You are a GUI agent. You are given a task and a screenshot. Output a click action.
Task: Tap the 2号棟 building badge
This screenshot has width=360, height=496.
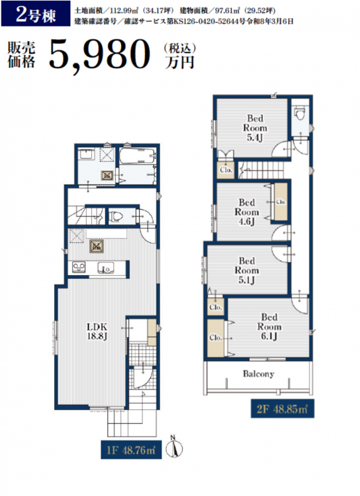(x=36, y=14)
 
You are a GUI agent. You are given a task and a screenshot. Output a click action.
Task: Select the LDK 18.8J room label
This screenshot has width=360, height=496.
(x=97, y=331)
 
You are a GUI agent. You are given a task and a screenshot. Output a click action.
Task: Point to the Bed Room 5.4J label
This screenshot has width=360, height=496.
(x=255, y=128)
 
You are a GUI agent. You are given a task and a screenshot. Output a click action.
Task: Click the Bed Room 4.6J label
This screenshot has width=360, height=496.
(x=247, y=212)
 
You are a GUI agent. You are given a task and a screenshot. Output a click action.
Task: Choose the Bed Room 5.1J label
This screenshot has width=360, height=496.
(x=247, y=270)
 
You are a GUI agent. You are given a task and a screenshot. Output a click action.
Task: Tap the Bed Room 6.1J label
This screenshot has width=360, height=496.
(x=269, y=327)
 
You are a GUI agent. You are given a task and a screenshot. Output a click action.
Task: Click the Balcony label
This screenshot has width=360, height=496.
(x=258, y=374)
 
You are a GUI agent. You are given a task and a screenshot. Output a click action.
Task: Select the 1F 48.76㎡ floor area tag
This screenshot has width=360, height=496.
(x=131, y=450)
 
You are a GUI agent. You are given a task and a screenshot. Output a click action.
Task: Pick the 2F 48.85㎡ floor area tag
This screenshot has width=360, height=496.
(x=283, y=409)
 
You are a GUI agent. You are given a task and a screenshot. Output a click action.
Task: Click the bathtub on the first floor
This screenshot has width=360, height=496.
(x=138, y=156)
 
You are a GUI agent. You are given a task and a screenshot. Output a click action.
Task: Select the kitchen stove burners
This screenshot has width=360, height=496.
(x=79, y=267)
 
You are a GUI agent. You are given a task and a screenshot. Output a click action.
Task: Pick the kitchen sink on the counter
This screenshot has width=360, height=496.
(x=106, y=268)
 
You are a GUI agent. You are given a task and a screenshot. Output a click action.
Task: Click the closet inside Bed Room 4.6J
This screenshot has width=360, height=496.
(x=281, y=202)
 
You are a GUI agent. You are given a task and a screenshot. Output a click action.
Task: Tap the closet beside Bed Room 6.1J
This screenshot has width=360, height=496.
(x=216, y=338)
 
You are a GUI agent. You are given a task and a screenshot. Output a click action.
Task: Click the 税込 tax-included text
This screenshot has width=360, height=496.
(x=179, y=49)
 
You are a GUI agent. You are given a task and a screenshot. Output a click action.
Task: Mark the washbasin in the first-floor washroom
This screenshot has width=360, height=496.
(x=87, y=155)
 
